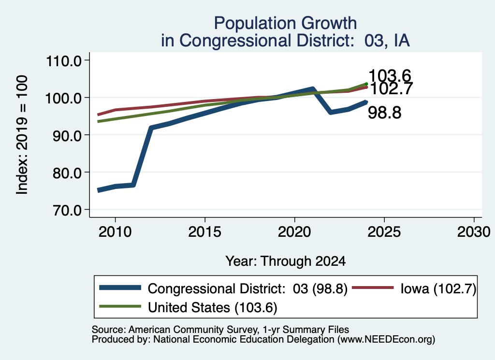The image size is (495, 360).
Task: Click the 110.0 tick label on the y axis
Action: (63, 61)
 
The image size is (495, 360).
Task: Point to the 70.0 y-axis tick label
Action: (67, 210)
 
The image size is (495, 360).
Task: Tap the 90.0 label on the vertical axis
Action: (67, 136)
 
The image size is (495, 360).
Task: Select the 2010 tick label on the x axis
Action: (115, 232)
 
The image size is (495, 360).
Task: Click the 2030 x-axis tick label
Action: (474, 232)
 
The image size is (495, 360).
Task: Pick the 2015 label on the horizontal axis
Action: (204, 232)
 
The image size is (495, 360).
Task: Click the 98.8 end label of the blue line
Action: (384, 113)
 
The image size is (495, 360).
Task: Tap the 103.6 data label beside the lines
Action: (390, 76)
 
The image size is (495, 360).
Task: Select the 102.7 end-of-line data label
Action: (391, 88)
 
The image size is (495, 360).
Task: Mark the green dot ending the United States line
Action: (366, 84)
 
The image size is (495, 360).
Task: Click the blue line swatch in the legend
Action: (120, 288)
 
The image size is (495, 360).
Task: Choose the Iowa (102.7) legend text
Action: (438, 288)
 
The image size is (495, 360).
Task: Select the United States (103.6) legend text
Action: (213, 308)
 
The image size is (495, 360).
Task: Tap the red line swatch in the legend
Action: (373, 288)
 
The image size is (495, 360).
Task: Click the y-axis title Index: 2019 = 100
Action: (22, 135)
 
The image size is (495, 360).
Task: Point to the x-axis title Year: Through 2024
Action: (285, 261)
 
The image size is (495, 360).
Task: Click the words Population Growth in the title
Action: (285, 23)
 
